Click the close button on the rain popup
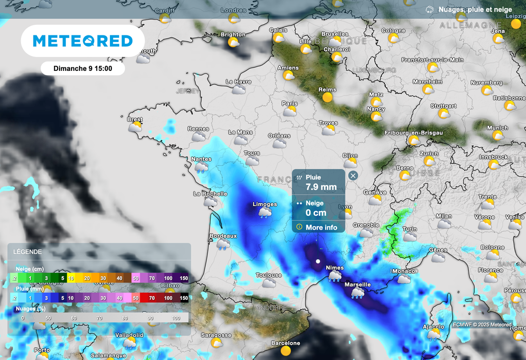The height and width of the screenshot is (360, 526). [x=353, y=176]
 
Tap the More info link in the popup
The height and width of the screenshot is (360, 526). [x=321, y=228]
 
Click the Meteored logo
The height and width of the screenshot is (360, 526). [x=83, y=41]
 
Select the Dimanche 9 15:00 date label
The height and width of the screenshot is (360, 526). [x=83, y=68]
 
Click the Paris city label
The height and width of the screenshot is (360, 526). [x=290, y=104]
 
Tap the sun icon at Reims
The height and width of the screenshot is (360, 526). [x=327, y=97]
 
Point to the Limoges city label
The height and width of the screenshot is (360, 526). [x=265, y=204]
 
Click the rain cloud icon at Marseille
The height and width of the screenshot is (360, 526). [x=358, y=293]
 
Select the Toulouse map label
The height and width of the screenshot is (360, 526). [x=269, y=275]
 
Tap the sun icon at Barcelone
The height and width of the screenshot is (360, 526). [x=286, y=350]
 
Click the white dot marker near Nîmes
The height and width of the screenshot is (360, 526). [x=318, y=261]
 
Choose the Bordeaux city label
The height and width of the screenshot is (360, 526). [x=223, y=236]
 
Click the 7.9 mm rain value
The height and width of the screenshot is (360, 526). [x=321, y=187]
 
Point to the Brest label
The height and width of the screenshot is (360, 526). [x=135, y=119]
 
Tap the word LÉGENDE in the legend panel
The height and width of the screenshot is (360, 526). [x=28, y=252]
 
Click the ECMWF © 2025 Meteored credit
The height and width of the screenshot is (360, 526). [x=482, y=325]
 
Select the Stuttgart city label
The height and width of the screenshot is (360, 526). [x=443, y=106]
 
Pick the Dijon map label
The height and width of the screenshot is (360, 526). [x=350, y=155]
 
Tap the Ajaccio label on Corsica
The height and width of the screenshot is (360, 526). [x=433, y=327]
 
